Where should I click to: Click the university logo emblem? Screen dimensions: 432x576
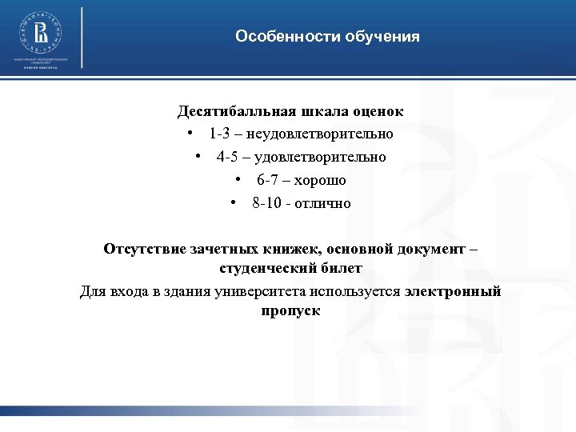click(40, 33)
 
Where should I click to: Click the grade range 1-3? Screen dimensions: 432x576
click(220, 134)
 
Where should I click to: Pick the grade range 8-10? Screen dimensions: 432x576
click(266, 203)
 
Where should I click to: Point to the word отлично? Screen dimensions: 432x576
click(322, 203)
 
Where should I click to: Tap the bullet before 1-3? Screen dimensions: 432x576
click(189, 134)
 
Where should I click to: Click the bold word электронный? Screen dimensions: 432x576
click(454, 290)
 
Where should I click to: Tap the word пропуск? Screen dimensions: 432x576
click(290, 310)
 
